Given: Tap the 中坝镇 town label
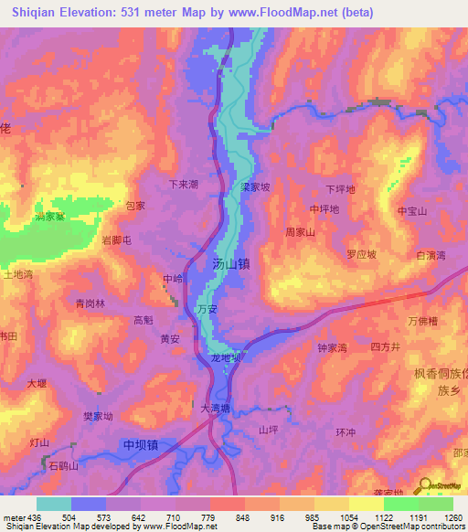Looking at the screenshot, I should tap(141, 445).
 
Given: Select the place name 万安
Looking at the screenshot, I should tap(207, 311).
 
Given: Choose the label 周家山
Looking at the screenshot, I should tap(300, 233).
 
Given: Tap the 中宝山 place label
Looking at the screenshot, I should tap(412, 211).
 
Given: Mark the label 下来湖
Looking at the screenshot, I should tap(184, 184).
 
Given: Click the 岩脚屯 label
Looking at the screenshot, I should tap(117, 240).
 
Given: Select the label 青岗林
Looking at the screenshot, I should tap(90, 303).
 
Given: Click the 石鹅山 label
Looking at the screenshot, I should tap(64, 466).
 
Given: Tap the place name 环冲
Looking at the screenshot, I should tap(345, 431).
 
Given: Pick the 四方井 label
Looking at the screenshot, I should tap(386, 347).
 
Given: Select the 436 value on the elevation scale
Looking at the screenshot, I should tap(28, 517).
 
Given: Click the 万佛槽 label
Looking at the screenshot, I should tap(423, 321).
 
